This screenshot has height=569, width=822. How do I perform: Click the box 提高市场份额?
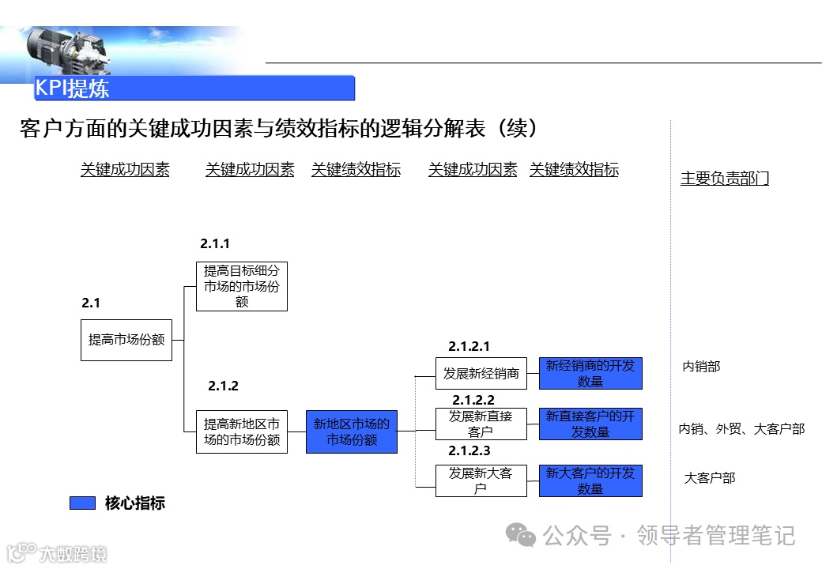(x=126, y=340)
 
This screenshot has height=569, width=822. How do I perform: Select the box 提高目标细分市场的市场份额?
(x=242, y=287)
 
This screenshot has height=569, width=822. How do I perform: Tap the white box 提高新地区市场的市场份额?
(x=242, y=431)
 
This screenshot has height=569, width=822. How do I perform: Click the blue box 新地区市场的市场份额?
(x=352, y=431)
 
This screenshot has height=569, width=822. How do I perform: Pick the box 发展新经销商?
(x=481, y=374)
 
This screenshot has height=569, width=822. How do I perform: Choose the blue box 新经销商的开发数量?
(x=590, y=374)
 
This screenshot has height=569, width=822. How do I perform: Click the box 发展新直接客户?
(x=481, y=424)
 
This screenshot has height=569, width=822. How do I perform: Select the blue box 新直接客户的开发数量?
(x=590, y=424)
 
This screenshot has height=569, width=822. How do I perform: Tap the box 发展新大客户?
(x=481, y=480)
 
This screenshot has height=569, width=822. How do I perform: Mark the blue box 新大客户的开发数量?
(x=590, y=480)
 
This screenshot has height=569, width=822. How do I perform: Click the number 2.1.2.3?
(x=469, y=451)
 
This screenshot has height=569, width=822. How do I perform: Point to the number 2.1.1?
(x=215, y=244)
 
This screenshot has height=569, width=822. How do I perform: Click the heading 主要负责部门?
(x=725, y=179)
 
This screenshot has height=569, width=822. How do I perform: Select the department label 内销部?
(x=701, y=367)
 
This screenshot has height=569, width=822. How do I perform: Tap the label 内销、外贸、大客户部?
(x=741, y=429)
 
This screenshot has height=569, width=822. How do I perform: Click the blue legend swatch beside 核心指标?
(x=82, y=503)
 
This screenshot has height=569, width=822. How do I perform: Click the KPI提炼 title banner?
(x=194, y=88)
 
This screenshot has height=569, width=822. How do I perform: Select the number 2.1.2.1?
(x=469, y=346)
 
